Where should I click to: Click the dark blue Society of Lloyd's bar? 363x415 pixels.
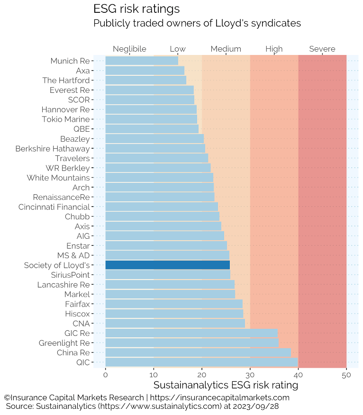click(x=167, y=265)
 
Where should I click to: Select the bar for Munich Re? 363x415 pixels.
click(x=142, y=61)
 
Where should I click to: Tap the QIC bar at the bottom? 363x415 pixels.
click(x=201, y=362)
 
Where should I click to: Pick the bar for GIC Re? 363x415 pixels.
click(x=191, y=333)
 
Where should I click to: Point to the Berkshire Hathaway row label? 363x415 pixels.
click(x=53, y=148)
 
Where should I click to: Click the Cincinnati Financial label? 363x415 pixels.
click(x=54, y=207)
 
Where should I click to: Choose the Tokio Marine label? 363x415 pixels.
click(x=65, y=119)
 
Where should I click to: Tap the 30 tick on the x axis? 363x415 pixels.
click(x=250, y=375)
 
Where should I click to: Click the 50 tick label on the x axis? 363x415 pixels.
click(x=346, y=375)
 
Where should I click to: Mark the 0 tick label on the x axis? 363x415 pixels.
click(x=105, y=375)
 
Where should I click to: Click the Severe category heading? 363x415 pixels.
click(x=322, y=49)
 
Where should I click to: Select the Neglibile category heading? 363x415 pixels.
click(x=129, y=49)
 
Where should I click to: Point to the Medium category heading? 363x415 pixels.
click(x=226, y=49)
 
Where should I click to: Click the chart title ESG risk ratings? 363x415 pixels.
click(x=136, y=9)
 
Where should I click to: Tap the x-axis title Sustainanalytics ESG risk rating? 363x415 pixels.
click(x=226, y=385)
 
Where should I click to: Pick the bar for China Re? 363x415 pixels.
click(x=198, y=352)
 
